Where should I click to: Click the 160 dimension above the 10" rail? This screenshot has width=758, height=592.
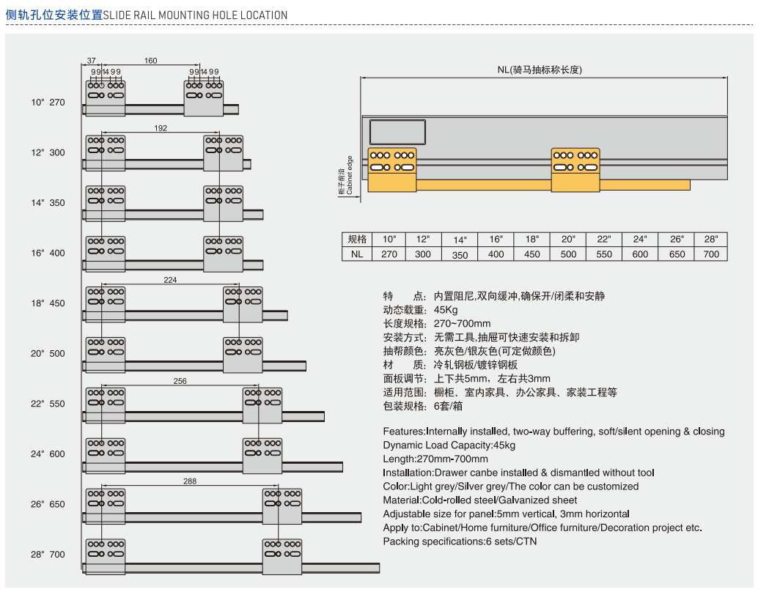pyautogui.click(x=150, y=61)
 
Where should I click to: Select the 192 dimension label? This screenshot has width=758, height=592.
pyautogui.click(x=161, y=128)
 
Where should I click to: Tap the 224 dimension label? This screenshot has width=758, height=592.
pyautogui.click(x=170, y=280)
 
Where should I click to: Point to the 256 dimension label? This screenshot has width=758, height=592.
pyautogui.click(x=180, y=381)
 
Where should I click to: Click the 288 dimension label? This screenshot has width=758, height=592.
pyautogui.click(x=190, y=481)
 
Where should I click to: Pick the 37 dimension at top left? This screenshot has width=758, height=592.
pyautogui.click(x=92, y=61)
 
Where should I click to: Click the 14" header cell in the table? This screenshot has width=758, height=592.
pyautogui.click(x=460, y=240)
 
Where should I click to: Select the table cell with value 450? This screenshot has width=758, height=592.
pyautogui.click(x=532, y=254)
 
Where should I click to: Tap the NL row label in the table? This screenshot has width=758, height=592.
pyautogui.click(x=357, y=254)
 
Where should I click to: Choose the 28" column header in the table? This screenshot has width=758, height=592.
pyautogui.click(x=711, y=240)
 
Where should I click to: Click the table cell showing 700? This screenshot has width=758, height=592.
pyautogui.click(x=711, y=254)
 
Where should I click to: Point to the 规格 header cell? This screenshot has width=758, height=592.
pyautogui.click(x=357, y=240)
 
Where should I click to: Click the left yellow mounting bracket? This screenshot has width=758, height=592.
pyautogui.click(x=391, y=169)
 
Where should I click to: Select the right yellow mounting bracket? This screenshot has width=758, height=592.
pyautogui.click(x=575, y=170)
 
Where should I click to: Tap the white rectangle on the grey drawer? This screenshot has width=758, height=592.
pyautogui.click(x=397, y=132)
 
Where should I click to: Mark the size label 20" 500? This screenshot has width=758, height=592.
pyautogui.click(x=48, y=353)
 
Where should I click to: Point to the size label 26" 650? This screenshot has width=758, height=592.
pyautogui.click(x=48, y=504)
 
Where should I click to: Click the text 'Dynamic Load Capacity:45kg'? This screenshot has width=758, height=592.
pyautogui.click(x=449, y=445)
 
